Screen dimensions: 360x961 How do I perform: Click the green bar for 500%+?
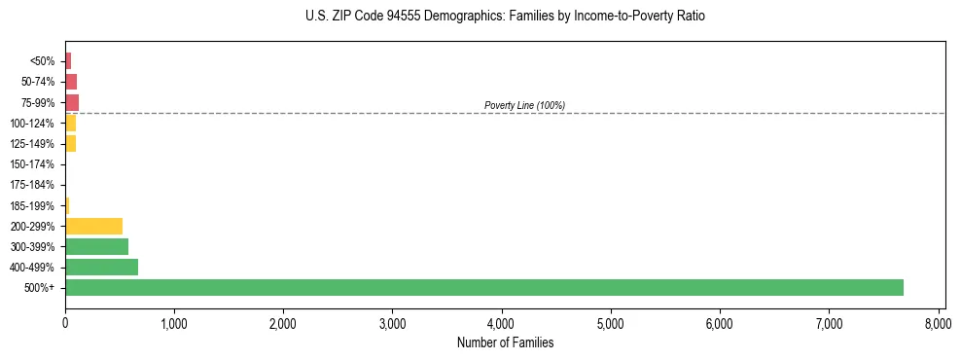tap(484, 287)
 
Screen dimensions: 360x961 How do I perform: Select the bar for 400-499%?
tap(101, 267)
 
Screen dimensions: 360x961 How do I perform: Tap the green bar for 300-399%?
tap(96, 246)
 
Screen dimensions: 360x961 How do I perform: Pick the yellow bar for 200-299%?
tap(93, 226)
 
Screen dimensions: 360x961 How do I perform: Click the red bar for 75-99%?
tap(72, 102)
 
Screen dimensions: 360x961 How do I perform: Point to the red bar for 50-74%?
tap(71, 82)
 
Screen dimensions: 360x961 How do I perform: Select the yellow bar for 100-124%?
tap(70, 123)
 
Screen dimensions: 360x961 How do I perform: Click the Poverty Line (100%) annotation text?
tap(524, 105)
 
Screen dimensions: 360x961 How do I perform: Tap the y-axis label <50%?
tap(43, 61)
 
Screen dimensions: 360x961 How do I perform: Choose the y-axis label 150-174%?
tap(32, 164)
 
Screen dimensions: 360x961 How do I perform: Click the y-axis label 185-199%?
tap(32, 205)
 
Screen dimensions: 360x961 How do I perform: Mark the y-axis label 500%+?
tap(40, 288)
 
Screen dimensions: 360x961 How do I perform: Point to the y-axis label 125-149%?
tap(32, 144)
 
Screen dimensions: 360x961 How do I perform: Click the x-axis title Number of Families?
tap(504, 342)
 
